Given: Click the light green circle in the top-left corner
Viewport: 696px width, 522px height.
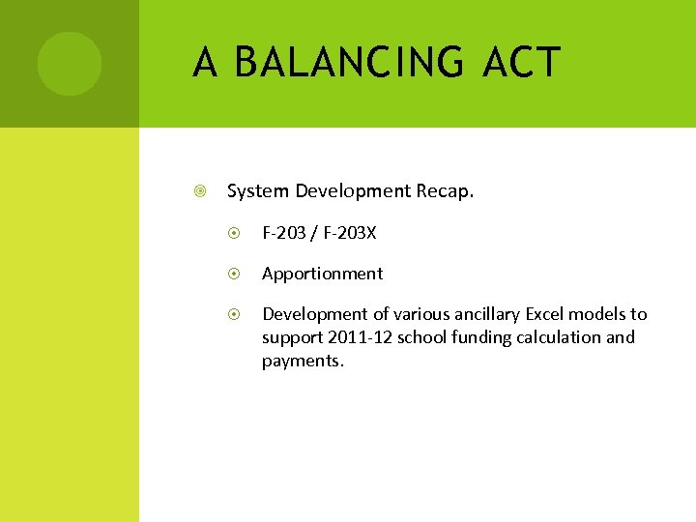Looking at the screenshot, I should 70,64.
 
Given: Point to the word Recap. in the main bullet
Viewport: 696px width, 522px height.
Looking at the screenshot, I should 445,191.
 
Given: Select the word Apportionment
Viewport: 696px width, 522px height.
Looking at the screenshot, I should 322,274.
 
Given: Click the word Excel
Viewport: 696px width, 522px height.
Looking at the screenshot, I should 547,314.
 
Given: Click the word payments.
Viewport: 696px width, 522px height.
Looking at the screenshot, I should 303,362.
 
